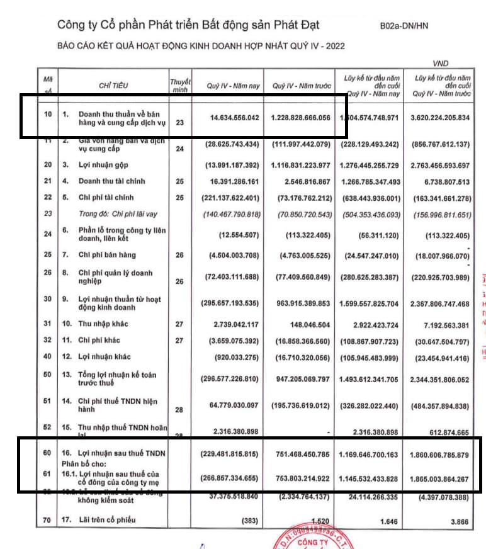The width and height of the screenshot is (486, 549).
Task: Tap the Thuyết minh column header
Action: click(180, 85)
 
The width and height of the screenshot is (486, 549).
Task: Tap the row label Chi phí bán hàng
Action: click(107, 255)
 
